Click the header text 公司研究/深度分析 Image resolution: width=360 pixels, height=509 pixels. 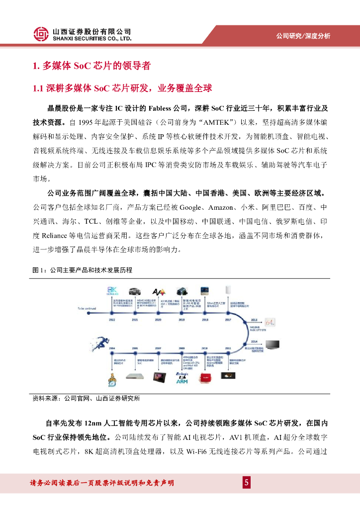point(303,36)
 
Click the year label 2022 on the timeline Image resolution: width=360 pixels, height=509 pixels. point(113,321)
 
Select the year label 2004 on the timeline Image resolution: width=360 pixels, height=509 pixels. point(112,348)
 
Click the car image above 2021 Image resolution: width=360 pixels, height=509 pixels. point(134,292)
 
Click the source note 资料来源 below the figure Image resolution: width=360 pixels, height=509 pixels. point(86,398)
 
